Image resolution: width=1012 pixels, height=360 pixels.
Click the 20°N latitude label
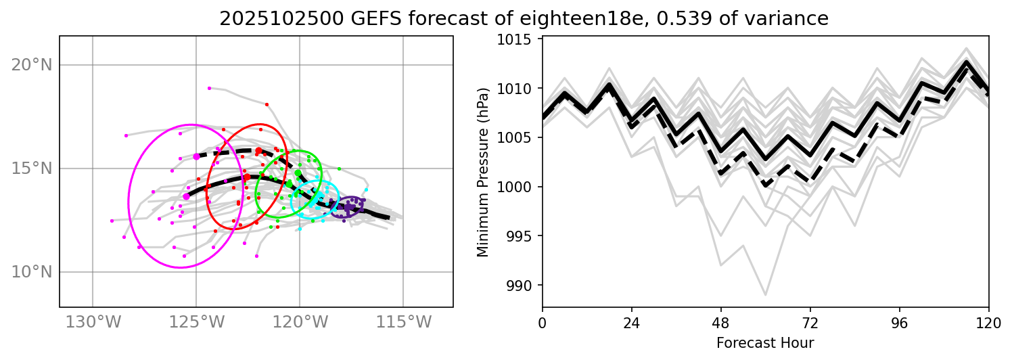[32, 65]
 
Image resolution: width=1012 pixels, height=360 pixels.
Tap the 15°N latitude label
[32, 168]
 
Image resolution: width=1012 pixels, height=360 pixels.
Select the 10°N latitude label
[32, 272]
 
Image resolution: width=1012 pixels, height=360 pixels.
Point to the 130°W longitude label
[92, 323]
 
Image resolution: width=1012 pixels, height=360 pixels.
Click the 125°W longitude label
[196, 323]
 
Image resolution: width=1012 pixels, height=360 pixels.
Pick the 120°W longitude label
[300, 323]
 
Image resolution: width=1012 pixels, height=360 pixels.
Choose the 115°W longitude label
[403, 323]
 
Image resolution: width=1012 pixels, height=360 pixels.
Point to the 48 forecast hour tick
[721, 321]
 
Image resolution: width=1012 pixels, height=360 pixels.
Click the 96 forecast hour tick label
[900, 321]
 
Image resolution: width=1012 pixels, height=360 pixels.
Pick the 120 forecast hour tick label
[989, 321]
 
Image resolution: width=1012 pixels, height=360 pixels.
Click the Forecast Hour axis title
[765, 342]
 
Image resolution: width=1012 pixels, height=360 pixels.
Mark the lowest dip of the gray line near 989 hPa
[765, 295]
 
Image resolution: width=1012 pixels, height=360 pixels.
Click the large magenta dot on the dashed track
[196, 156]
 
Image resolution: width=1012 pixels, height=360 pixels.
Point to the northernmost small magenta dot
[209, 88]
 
